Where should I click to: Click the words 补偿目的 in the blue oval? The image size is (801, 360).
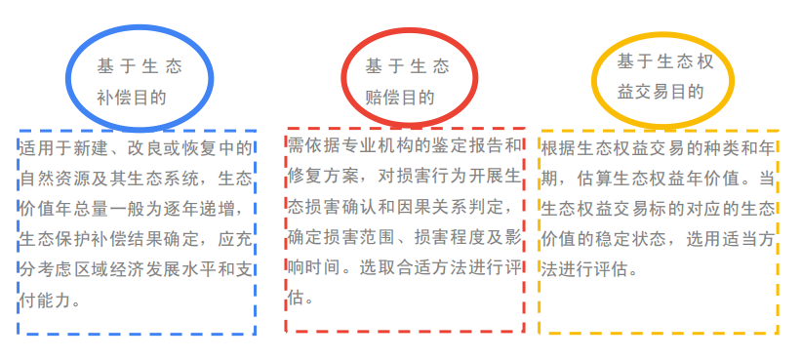(131, 98)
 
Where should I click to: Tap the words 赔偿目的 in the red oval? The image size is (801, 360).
(400, 98)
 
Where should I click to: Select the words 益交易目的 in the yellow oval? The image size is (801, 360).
(661, 92)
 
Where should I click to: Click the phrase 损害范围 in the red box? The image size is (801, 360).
(364, 236)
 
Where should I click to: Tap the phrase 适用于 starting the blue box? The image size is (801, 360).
(47, 149)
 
